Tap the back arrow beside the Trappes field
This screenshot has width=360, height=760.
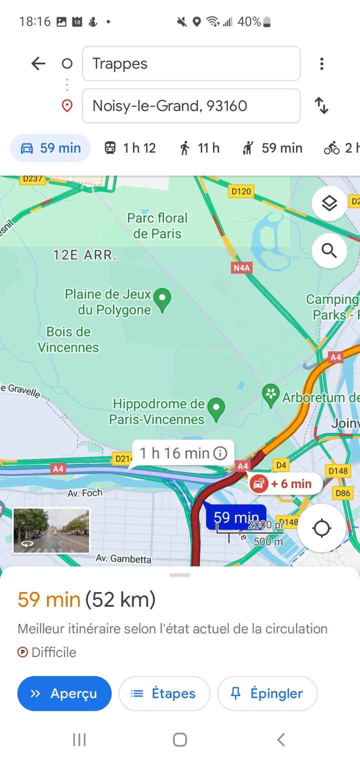[x=38, y=63]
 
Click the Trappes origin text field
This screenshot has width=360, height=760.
[x=191, y=63]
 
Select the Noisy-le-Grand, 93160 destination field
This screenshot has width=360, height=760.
[x=191, y=106]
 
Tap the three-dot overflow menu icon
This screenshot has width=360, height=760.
[x=321, y=63]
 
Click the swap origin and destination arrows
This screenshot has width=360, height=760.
[x=321, y=106]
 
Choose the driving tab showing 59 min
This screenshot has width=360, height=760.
[x=50, y=148]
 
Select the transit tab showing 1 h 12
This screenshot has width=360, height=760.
[x=130, y=148]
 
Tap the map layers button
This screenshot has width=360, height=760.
[x=329, y=203]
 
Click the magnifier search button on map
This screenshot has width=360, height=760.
[x=329, y=250]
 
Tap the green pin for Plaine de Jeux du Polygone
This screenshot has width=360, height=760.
[x=162, y=299]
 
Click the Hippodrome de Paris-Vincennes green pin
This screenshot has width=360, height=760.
[x=216, y=409]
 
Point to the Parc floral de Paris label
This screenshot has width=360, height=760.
[x=157, y=225]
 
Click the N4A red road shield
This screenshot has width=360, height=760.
[x=241, y=268]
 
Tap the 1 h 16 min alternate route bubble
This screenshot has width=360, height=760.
[x=183, y=453]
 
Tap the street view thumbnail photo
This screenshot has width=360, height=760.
[x=51, y=530]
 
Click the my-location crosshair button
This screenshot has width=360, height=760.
[x=321, y=528]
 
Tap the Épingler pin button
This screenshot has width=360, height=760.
[x=267, y=693]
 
